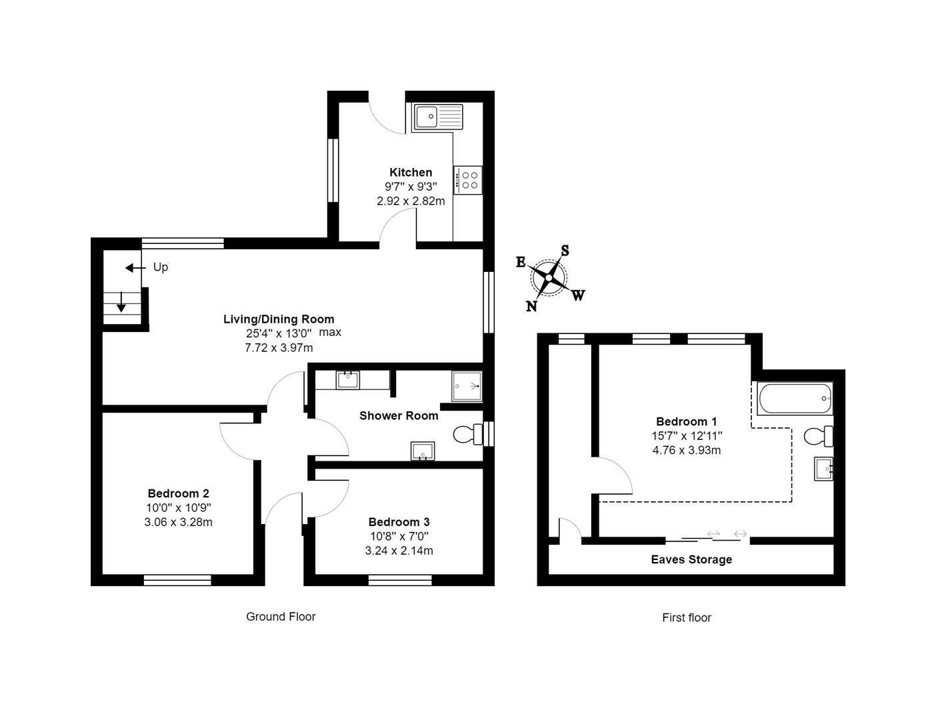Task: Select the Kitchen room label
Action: pyautogui.click(x=411, y=173)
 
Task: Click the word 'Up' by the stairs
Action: pyautogui.click(x=161, y=267)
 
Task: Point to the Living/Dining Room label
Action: pyautogui.click(x=279, y=319)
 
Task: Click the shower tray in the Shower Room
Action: pyautogui.click(x=467, y=386)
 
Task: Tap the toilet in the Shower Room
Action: pyautogui.click(x=468, y=435)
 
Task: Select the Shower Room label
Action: pyautogui.click(x=399, y=416)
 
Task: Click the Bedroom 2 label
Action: pyautogui.click(x=178, y=493)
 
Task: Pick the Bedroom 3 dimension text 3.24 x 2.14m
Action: pyautogui.click(x=399, y=551)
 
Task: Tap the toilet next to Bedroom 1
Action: pyautogui.click(x=818, y=437)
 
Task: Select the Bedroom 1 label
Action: pyautogui.click(x=686, y=421)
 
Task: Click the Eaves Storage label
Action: pyautogui.click(x=691, y=560)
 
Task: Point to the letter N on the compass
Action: pyautogui.click(x=531, y=306)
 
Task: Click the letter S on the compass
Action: pyautogui.click(x=565, y=251)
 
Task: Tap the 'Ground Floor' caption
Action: pyautogui.click(x=281, y=617)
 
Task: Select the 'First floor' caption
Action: pyautogui.click(x=686, y=618)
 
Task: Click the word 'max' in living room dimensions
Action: pyautogui.click(x=330, y=332)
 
